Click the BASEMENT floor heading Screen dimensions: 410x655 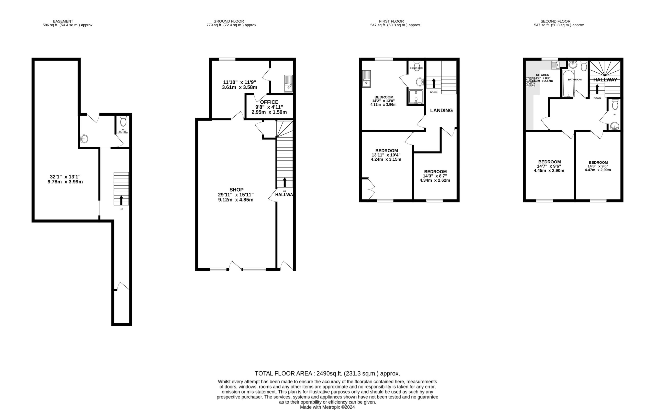coord(63,21)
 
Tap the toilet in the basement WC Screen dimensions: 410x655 coord(123,121)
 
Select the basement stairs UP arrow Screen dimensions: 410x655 coord(121,200)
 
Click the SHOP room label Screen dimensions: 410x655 coord(236,190)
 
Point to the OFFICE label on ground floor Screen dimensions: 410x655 coord(269,102)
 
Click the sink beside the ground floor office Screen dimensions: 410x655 coord(288,84)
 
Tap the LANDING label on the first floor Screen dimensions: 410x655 coord(441,110)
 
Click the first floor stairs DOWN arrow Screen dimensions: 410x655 coord(434,83)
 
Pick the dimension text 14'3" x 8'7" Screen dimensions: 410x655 coord(435,176)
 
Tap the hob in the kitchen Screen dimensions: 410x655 coord(530,82)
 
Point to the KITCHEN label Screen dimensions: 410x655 coord(542,75)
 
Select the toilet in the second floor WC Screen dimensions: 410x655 coord(615,104)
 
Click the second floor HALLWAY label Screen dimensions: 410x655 coord(605,80)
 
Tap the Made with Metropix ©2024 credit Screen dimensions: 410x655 coord(327,407)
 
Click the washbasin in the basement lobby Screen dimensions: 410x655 coord(84,139)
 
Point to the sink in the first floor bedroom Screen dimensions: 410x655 coord(366,79)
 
